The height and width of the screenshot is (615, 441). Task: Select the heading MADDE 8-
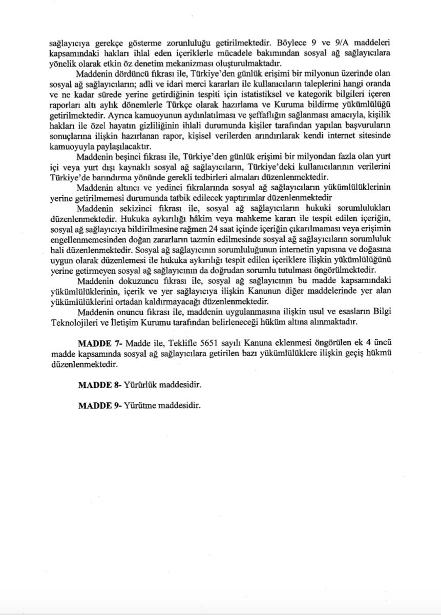(98, 385)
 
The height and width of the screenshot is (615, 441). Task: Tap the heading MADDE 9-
(98, 405)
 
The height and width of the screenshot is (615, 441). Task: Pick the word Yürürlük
(140, 385)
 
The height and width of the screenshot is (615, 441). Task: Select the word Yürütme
(139, 405)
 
